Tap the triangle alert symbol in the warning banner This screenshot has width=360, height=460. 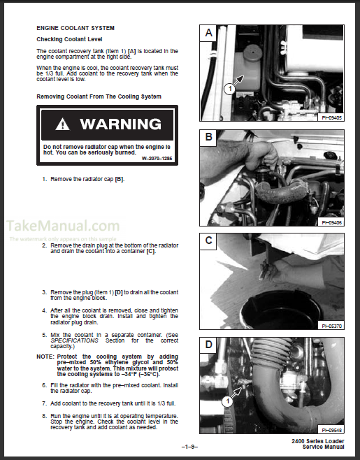(x=64, y=125)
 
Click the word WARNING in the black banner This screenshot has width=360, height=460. (x=120, y=125)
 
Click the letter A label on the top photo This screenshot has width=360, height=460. (x=208, y=32)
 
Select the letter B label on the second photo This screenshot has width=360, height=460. (x=208, y=137)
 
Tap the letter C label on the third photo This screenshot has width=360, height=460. (x=208, y=242)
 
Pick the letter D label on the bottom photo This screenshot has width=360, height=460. (x=208, y=346)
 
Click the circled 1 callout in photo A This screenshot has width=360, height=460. (x=229, y=88)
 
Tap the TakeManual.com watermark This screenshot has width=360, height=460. (x=64, y=226)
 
